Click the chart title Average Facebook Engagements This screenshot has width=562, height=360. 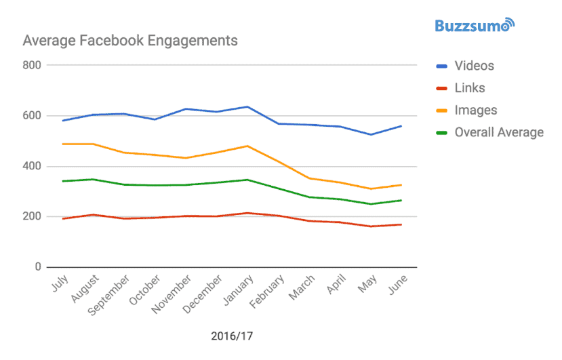click(x=130, y=41)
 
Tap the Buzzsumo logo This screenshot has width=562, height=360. click(x=475, y=26)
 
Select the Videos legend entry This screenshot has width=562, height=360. click(x=474, y=66)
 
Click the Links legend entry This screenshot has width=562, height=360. click(x=469, y=88)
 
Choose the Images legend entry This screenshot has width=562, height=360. click(x=475, y=110)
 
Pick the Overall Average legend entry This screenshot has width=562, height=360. click(x=499, y=132)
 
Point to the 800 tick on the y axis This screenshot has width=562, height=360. click(x=32, y=66)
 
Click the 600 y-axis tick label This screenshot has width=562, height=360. click(x=32, y=116)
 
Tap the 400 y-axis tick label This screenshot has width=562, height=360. click(x=32, y=166)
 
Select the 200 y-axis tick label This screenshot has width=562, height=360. click(x=32, y=217)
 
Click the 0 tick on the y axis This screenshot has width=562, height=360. click(x=38, y=267)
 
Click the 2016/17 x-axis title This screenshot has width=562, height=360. click(x=233, y=336)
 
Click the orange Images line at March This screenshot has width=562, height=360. click(x=309, y=178)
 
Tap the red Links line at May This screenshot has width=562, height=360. click(x=371, y=226)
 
